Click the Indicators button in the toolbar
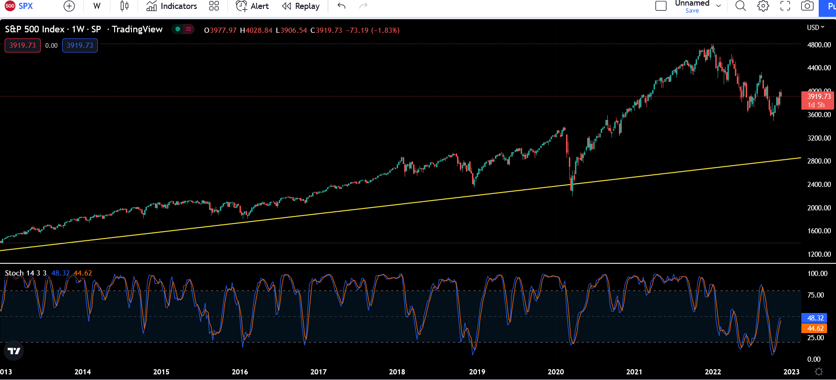pos(172,6)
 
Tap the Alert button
pos(253,6)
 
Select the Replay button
pos(301,6)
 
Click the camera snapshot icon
pos(807,6)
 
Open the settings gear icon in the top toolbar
pos(763,6)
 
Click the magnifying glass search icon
pos(741,6)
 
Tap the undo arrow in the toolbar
pos(342,6)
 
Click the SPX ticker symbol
pos(25,6)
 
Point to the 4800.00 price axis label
pos(819,45)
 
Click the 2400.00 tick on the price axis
pos(819,185)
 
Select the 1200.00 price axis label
pos(819,254)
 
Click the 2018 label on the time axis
pos(397,372)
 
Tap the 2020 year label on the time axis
pos(556,372)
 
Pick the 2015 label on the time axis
pos(161,372)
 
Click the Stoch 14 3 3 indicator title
pos(26,273)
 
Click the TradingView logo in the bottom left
pos(14,351)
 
